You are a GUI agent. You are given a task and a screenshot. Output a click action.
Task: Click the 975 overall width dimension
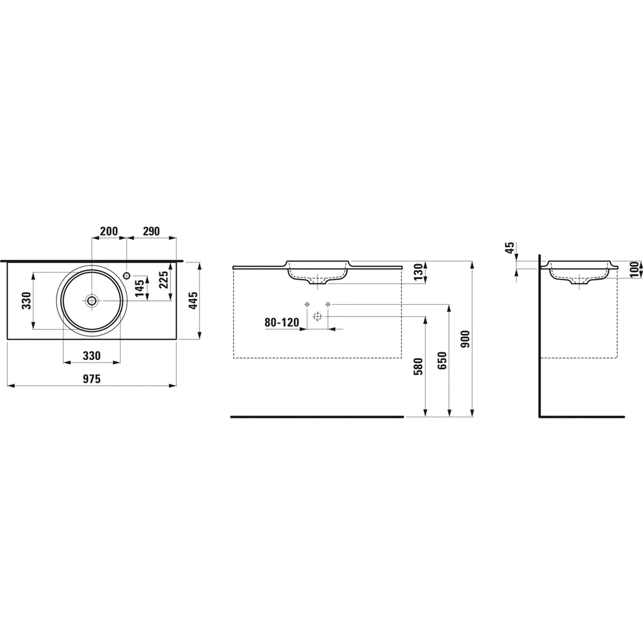pyautogui.click(x=91, y=379)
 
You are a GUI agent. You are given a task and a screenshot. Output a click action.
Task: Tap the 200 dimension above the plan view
pyautogui.click(x=109, y=231)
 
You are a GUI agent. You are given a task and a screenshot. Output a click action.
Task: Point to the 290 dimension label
pyautogui.click(x=150, y=231)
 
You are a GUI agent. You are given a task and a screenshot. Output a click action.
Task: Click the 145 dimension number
pyautogui.click(x=140, y=287)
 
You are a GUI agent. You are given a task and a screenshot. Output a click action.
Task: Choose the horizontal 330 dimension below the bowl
pyautogui.click(x=91, y=356)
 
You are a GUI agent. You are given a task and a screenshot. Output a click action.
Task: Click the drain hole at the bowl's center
pyautogui.click(x=92, y=300)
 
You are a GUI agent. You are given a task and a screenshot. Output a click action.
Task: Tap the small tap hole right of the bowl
pyautogui.click(x=127, y=275)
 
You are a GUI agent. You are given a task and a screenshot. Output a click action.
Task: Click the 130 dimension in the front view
pyautogui.click(x=419, y=273)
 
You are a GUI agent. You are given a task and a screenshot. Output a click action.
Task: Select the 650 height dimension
pyautogui.click(x=442, y=363)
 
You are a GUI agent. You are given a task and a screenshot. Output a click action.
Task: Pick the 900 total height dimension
pyautogui.click(x=466, y=340)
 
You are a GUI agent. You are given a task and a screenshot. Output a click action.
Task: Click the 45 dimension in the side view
pyautogui.click(x=509, y=249)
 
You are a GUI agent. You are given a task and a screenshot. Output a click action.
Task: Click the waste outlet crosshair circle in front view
pyautogui.click(x=317, y=316)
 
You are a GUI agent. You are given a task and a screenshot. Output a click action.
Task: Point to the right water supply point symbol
pyautogui.click(x=328, y=303)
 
